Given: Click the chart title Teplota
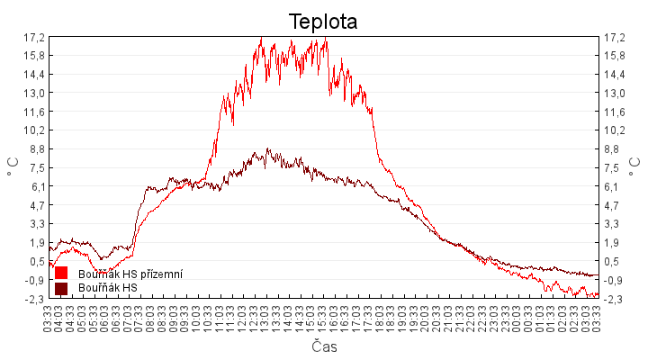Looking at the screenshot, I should (x=323, y=22).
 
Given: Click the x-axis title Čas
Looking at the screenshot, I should (x=324, y=346).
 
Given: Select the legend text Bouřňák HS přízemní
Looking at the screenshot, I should (x=130, y=274).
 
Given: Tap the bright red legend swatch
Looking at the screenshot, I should (x=61, y=273).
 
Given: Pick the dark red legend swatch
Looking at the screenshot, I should (x=61, y=288).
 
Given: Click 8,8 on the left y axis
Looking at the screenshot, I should (x=36, y=148).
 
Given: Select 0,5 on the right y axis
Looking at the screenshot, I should (x=616, y=261).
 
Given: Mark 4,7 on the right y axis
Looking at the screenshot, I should (x=616, y=205).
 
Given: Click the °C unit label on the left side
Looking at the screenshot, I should (x=12, y=167).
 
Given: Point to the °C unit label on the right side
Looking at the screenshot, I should (x=636, y=167).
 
